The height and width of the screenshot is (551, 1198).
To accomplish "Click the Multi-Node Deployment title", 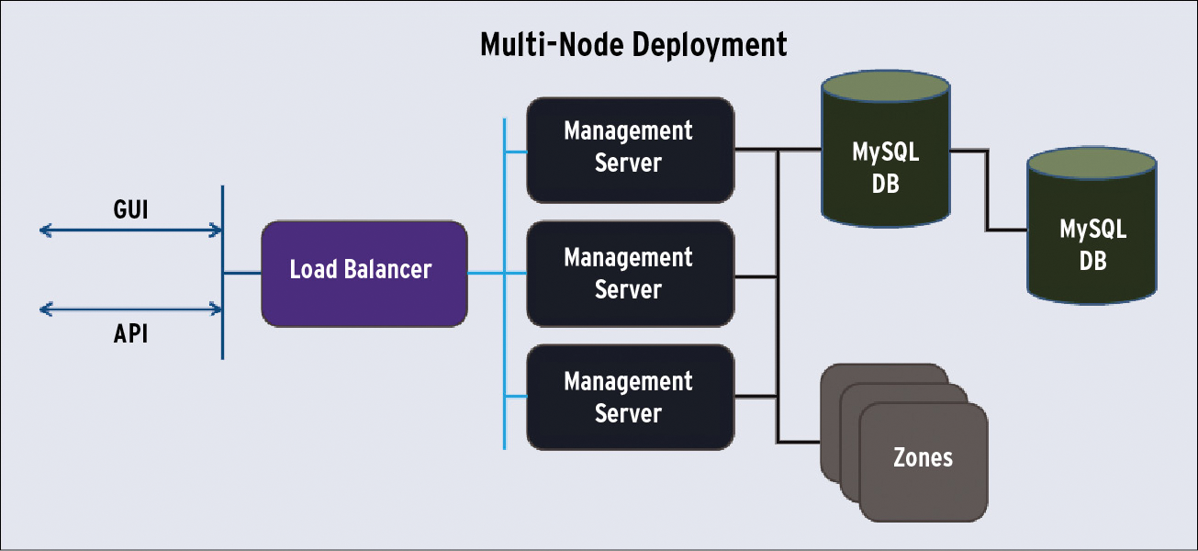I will (x=633, y=45).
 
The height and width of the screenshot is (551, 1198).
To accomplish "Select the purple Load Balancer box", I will (x=364, y=273).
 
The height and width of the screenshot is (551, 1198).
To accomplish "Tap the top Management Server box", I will (x=630, y=149).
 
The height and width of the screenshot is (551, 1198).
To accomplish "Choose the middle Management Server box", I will (x=630, y=274).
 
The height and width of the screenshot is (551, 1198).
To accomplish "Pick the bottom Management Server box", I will (x=630, y=397).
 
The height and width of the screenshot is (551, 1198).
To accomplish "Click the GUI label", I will (x=130, y=210).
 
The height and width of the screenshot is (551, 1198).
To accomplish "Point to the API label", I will (x=130, y=334).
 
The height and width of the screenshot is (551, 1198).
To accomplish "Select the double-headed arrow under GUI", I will (x=130, y=231).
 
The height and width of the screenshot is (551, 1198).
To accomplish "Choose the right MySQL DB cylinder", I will (x=1092, y=245).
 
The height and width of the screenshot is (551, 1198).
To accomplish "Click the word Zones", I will (x=923, y=457).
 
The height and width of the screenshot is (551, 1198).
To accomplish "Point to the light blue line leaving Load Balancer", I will (x=486, y=273).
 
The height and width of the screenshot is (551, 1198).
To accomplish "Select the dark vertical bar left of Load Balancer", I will (x=223, y=273).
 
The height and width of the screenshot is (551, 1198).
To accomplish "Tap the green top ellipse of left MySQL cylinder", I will (x=885, y=87).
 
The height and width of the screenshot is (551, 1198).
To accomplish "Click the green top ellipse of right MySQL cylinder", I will (x=1092, y=164).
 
